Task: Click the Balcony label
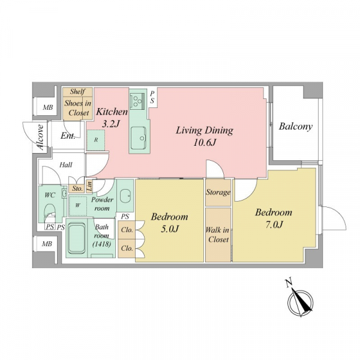pos(295,127)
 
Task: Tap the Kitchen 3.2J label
pos(112,118)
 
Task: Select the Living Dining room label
pos(205,136)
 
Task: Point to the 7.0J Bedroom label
pos(274,218)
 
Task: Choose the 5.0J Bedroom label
pos(169,223)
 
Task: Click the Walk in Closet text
pos(218,235)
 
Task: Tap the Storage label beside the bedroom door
pos(218,192)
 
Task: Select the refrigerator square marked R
pos(96,140)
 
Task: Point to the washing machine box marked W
pos(78,205)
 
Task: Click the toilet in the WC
pos(50,212)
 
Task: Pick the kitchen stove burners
pos(137,100)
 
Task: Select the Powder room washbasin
pos(125,196)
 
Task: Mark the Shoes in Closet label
pos(78,108)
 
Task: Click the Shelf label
pos(77,92)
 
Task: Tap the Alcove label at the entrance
pos(40,137)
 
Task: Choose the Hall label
pos(66,165)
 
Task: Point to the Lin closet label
pos(89,186)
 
